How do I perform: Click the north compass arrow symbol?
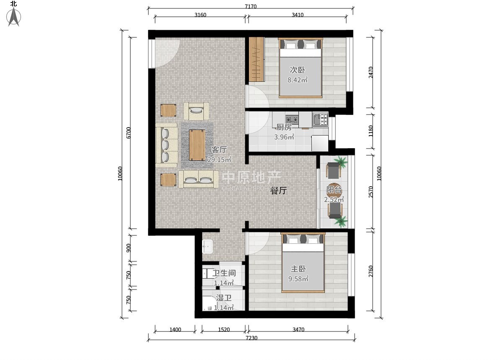14,17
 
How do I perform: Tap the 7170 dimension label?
251,6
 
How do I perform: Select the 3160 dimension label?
200,15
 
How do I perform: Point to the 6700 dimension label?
128,133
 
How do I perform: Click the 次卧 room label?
298,70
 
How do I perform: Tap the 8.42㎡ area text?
298,80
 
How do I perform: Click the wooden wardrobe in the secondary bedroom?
256,59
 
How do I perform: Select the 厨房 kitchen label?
284,127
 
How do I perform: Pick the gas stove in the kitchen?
292,119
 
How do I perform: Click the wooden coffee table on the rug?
197,145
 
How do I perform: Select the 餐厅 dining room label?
278,190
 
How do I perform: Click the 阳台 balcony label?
334,189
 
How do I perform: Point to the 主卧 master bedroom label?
298,269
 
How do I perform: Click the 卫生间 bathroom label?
224,273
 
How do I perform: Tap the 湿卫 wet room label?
224,298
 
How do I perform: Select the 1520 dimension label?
224,329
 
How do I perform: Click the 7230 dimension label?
251,338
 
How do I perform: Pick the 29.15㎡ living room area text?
219,159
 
